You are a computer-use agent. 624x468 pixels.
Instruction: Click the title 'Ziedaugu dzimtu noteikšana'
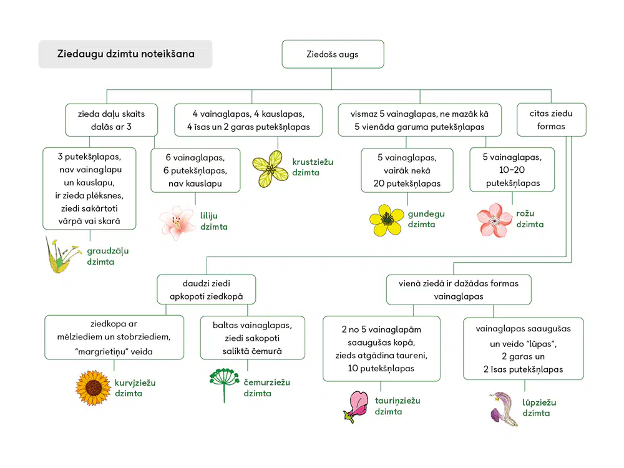coord(126,54)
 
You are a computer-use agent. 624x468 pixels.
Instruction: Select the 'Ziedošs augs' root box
coord(333,54)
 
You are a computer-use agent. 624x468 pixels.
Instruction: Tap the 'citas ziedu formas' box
coord(551,120)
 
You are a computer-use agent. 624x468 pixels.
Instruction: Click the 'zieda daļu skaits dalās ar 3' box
coord(112,120)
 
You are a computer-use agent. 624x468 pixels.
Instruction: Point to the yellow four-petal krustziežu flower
coord(271,169)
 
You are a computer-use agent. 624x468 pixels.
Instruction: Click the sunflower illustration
coord(93,388)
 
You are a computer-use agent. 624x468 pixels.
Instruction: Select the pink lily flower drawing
coord(177,223)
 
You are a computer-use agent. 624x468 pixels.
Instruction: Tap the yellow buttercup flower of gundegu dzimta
coord(386,220)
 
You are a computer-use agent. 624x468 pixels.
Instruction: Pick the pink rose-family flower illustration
coord(494,220)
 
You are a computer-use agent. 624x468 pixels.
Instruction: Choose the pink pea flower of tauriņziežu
coord(356,407)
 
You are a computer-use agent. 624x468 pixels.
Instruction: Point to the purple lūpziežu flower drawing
coord(504,409)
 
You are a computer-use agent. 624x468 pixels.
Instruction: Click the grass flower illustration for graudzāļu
coord(63,255)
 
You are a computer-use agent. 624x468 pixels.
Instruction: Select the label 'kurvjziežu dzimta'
coord(135,388)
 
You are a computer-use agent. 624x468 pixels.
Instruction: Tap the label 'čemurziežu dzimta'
coord(266,388)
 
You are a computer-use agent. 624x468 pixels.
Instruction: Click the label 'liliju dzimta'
coord(213,222)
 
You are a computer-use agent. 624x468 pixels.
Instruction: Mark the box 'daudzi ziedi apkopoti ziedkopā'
coord(206,290)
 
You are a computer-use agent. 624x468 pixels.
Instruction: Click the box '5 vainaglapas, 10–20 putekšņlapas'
coord(512,170)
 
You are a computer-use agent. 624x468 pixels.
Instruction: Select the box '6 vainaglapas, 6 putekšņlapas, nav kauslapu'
coord(195,170)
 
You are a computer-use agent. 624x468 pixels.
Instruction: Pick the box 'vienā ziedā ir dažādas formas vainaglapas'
coord(459,290)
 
